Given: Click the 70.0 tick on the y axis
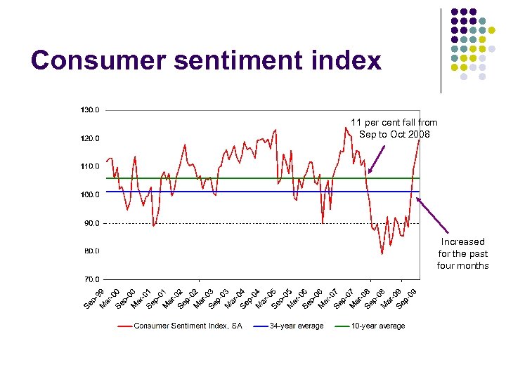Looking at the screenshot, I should [x=91, y=279].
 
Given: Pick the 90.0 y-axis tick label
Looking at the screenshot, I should [x=91, y=223].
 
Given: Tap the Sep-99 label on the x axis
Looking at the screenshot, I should [x=93, y=298].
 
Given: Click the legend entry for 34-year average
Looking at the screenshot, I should [x=297, y=326].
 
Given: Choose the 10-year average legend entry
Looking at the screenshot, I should [x=378, y=326].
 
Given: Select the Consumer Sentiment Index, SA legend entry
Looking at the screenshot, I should [x=188, y=326].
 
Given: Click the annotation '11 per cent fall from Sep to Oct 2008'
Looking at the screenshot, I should [x=394, y=128].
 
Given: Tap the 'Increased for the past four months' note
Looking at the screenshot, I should [x=462, y=253].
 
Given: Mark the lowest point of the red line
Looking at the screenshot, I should [x=382, y=253].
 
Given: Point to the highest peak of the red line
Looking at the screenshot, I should [x=346, y=127].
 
